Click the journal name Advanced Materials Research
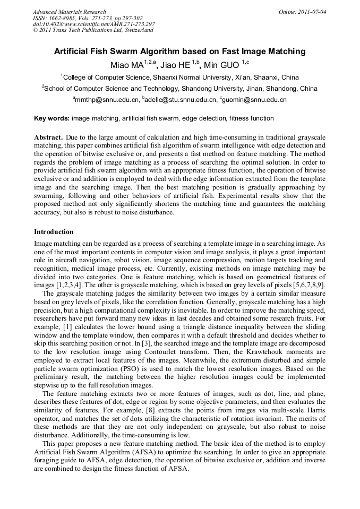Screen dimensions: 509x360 [69, 12]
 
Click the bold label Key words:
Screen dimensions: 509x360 [52, 118]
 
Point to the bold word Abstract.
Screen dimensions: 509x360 [48, 137]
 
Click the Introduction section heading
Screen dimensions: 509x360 [54, 232]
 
